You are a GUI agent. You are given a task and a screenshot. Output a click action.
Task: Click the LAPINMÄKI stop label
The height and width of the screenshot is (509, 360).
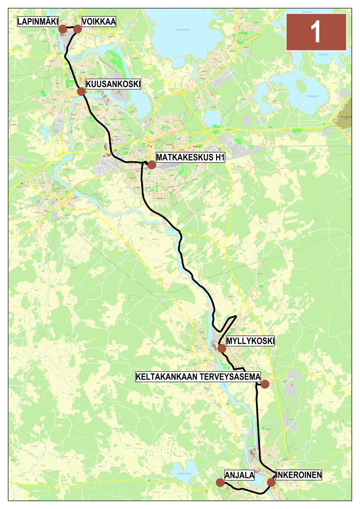(38, 22)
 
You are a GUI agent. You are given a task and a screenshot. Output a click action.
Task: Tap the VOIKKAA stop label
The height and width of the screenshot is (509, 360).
(99, 22)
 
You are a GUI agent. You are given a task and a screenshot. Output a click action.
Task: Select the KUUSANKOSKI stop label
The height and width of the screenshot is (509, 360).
(113, 84)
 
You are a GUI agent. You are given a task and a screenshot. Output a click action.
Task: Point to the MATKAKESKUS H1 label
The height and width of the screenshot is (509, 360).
(190, 157)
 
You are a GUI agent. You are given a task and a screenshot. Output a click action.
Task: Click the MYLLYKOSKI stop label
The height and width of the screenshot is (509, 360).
(250, 341)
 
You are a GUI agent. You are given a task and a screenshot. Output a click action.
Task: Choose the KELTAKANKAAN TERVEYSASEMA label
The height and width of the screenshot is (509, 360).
(198, 377)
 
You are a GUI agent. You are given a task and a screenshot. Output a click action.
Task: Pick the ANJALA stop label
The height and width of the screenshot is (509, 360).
(239, 475)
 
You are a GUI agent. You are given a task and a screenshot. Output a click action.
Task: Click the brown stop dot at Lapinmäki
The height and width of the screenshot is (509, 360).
(62, 29)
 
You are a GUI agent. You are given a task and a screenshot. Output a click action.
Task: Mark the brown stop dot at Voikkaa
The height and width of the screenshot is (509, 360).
(78, 29)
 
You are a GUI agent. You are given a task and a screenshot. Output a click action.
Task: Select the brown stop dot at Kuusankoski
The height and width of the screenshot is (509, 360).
(81, 91)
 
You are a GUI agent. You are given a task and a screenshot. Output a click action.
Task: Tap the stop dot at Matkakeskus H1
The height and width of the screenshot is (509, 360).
(151, 165)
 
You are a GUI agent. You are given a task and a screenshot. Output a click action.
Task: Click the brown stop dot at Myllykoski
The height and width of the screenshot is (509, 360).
(222, 348)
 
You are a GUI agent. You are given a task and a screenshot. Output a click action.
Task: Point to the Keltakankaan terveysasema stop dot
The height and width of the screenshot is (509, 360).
(265, 384)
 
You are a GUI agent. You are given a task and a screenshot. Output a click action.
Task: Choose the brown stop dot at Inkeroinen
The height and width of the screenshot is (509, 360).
(271, 482)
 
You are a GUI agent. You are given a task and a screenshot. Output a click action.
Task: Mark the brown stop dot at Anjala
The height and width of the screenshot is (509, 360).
(220, 482)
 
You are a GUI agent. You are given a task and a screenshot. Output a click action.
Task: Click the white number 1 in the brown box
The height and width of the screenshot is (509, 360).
(316, 32)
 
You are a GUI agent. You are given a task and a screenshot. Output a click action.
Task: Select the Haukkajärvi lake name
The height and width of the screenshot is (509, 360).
(312, 96)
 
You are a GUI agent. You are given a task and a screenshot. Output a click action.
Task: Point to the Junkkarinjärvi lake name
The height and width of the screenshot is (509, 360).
(184, 474)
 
